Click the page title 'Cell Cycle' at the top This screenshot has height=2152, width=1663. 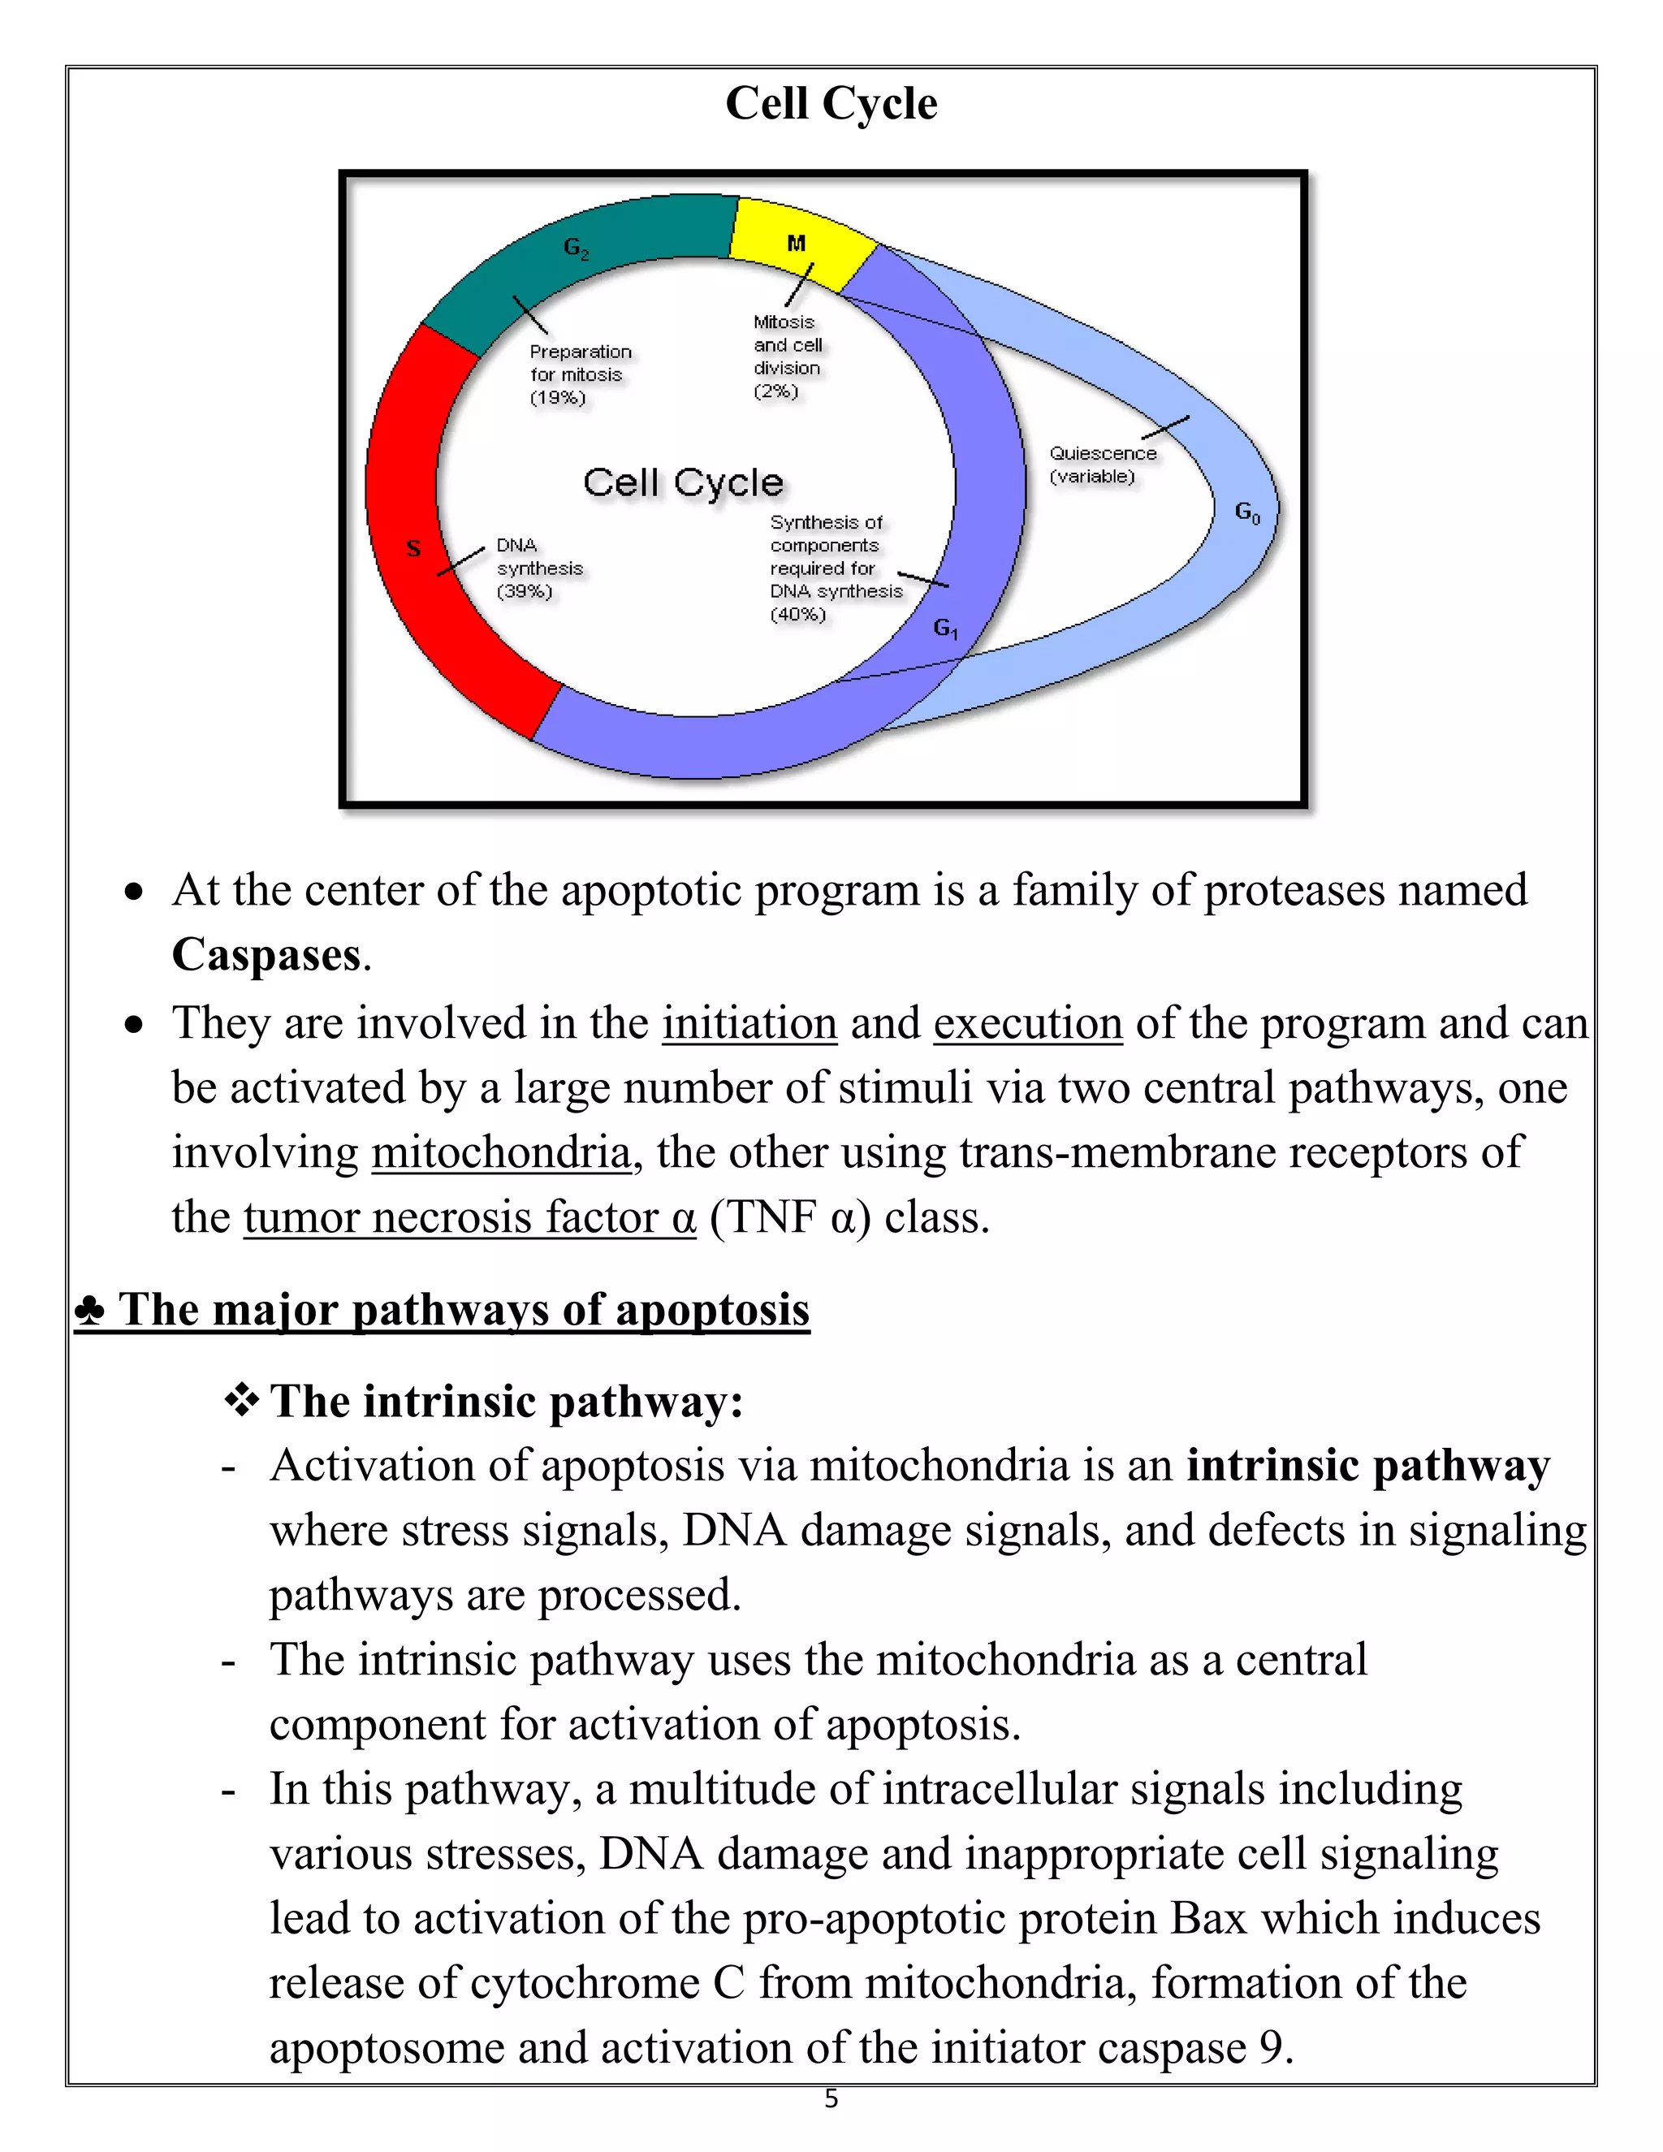click(x=831, y=103)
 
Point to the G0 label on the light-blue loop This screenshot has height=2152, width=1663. click(x=1247, y=512)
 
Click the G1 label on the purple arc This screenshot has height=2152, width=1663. click(x=945, y=628)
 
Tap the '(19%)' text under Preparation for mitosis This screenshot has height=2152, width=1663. click(x=558, y=398)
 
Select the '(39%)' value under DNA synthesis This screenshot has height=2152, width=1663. click(x=524, y=591)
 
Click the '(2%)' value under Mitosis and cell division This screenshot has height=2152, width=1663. click(x=775, y=391)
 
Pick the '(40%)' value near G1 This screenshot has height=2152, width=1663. click(x=797, y=615)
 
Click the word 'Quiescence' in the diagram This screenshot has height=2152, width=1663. click(x=1103, y=453)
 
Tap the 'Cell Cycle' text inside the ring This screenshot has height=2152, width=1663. click(x=683, y=483)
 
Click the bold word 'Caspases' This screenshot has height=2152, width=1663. click(x=267, y=955)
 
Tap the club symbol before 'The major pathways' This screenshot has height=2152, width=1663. click(x=89, y=1311)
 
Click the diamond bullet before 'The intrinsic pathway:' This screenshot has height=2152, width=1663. click(x=241, y=1400)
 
